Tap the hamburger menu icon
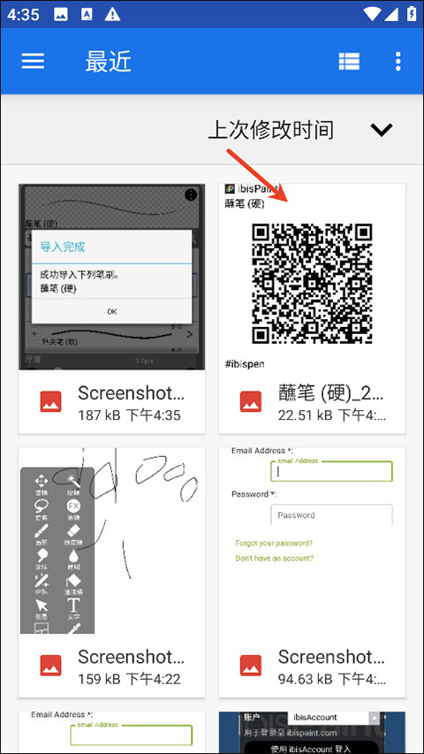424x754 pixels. pyautogui.click(x=33, y=61)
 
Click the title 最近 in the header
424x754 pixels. pyautogui.click(x=108, y=61)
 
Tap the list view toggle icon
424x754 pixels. pyautogui.click(x=349, y=61)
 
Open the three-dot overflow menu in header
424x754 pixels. pyautogui.click(x=398, y=61)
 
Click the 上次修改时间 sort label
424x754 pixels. pyautogui.click(x=270, y=130)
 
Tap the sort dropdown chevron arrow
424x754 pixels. pyautogui.click(x=381, y=130)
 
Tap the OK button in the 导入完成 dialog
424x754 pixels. pyautogui.click(x=111, y=311)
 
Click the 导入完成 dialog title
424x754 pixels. pyautogui.click(x=63, y=247)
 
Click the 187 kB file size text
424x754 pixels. pyautogui.click(x=102, y=415)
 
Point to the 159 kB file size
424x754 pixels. pyautogui.click(x=102, y=680)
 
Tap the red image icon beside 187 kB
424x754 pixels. pyautogui.click(x=50, y=402)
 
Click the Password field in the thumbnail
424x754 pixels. pyautogui.click(x=331, y=515)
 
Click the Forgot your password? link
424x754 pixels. pyautogui.click(x=274, y=543)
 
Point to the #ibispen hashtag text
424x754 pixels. pyautogui.click(x=245, y=363)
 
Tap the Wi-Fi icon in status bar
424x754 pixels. pyautogui.click(x=372, y=14)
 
